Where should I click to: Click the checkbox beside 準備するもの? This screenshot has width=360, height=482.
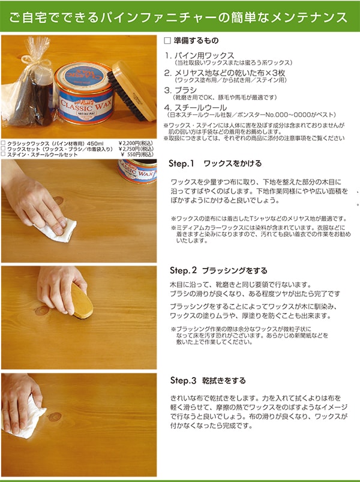167,41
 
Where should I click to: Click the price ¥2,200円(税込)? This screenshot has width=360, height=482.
136,143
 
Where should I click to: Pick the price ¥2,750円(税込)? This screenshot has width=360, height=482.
136,149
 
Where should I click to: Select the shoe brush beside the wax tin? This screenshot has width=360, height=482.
133,91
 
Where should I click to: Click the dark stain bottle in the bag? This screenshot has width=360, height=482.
43,98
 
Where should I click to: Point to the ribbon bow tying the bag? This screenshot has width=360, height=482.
35,63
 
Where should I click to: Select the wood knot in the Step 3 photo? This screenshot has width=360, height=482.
55,417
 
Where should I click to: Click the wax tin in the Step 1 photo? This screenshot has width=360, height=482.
137,171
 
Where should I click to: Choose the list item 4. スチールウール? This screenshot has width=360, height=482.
196,107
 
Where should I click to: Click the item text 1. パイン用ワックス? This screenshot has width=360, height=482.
199,56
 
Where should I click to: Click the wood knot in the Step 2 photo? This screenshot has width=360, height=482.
42,311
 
